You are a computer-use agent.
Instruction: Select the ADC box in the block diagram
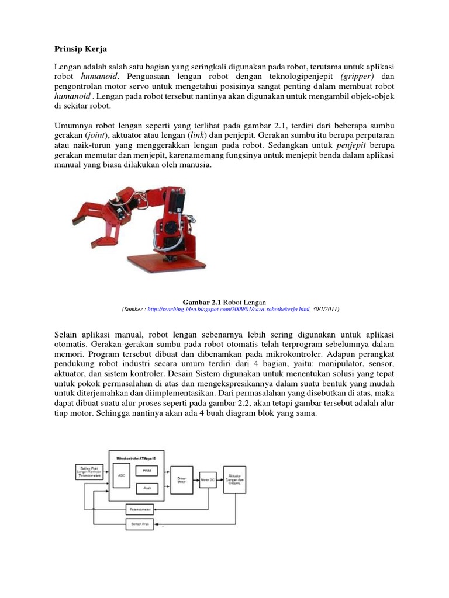[x=122, y=475]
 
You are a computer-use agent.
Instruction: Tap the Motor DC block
[x=208, y=479]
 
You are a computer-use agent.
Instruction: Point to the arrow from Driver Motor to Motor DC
[x=196, y=479]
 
